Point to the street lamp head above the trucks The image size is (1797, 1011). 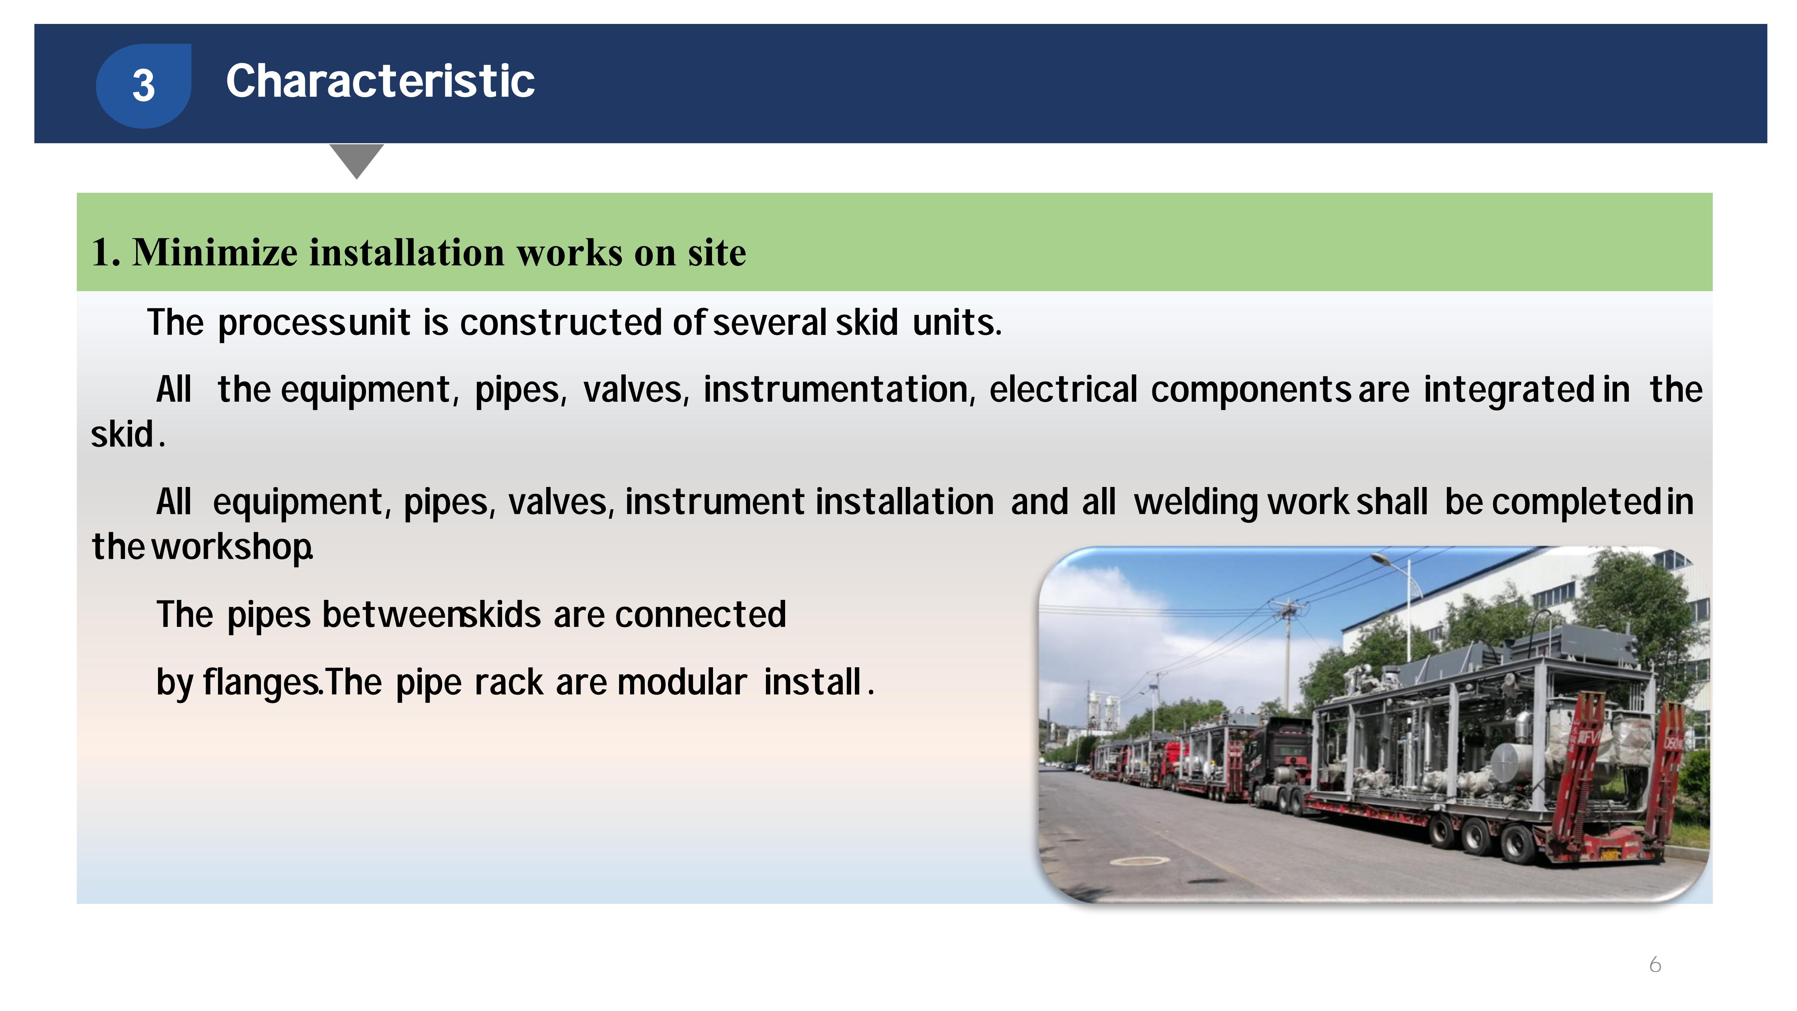pos(1381,557)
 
